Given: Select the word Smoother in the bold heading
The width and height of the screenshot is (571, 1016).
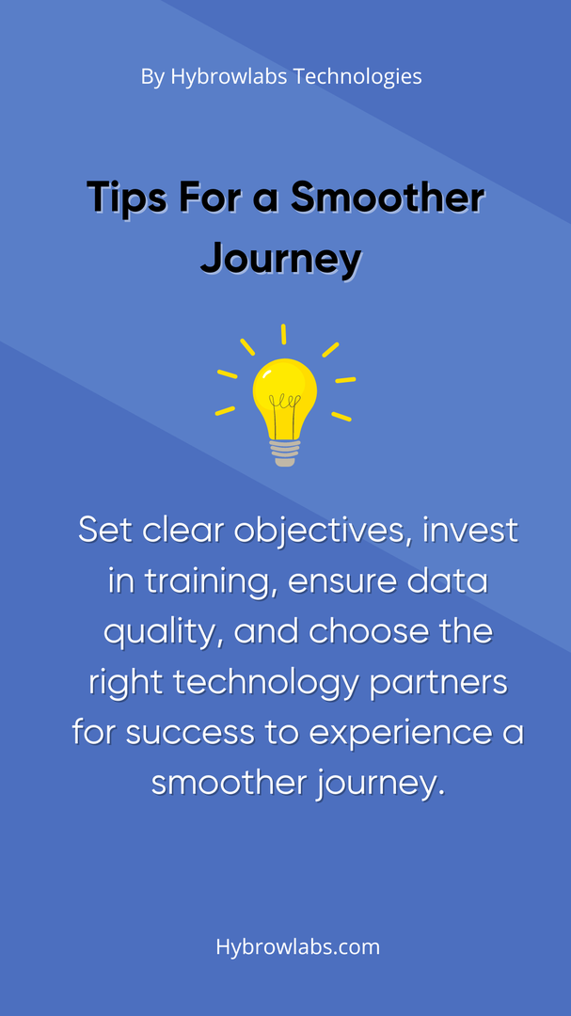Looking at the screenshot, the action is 388,197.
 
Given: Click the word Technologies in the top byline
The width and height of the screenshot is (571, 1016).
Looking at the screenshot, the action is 357,77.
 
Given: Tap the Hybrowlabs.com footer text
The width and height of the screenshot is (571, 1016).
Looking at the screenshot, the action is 298,946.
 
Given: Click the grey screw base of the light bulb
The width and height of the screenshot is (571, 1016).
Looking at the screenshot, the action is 285,452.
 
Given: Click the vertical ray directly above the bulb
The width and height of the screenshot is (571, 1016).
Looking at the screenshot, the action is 284,334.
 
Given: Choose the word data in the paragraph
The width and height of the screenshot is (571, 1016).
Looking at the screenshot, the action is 449,582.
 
